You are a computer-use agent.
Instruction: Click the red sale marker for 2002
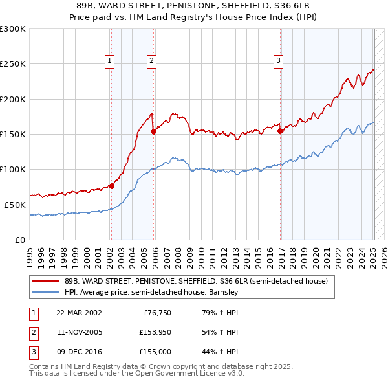coord(111,186)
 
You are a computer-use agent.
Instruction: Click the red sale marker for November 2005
coord(153,131)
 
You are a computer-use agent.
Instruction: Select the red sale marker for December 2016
coord(281,131)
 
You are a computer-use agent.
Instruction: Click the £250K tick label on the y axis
coord(13,64)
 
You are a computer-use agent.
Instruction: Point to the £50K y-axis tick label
coord(15,205)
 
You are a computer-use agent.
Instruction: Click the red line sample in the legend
coord(45,281)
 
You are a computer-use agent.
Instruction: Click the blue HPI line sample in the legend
coord(45,292)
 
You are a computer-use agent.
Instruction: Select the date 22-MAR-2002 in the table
coord(79,313)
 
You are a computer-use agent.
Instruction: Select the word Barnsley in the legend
coord(223,292)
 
